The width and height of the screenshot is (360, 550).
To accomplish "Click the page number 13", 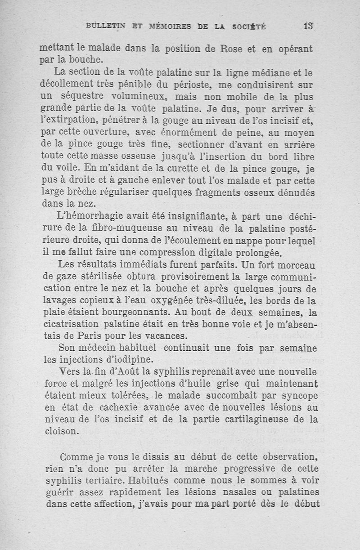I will (308, 26).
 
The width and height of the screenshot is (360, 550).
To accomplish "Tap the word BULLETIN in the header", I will (106, 26).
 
